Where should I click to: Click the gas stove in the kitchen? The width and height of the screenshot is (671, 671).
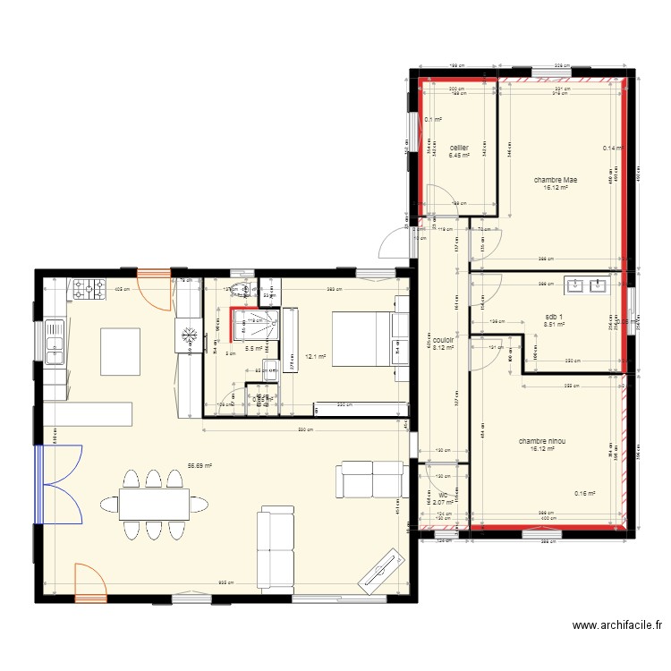(88, 289)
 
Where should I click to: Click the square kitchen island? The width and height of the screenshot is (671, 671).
(121, 351)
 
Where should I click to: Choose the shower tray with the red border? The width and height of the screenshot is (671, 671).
(256, 327)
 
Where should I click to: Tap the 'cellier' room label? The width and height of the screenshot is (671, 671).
(459, 148)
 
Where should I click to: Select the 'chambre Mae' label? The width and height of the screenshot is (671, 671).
(555, 180)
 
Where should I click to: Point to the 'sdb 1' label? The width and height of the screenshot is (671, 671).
(555, 317)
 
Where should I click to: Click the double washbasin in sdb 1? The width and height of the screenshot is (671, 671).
(586, 287)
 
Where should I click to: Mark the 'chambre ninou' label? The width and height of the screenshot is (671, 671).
(542, 441)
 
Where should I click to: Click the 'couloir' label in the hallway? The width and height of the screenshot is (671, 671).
(445, 340)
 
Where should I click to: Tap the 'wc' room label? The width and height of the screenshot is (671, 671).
(442, 494)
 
